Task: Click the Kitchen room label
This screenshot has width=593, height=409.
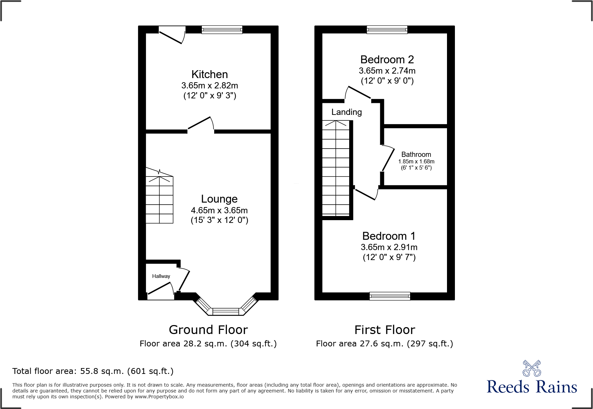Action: coord(209,74)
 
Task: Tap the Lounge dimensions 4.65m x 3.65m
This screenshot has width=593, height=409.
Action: coord(219,210)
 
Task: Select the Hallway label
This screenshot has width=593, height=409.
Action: coord(161,276)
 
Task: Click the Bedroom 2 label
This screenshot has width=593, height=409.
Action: coord(387,60)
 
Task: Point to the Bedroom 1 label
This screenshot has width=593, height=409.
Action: coord(389,236)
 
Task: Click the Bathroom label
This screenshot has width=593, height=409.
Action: coord(416,154)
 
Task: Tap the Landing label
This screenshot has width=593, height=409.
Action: coord(346,112)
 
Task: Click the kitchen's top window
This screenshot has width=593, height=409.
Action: coord(222,30)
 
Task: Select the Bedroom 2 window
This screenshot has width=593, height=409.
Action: coord(387,30)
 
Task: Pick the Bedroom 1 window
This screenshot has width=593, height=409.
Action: coord(390,296)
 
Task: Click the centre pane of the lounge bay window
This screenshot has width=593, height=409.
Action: coord(226,312)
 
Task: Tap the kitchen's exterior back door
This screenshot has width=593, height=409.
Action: coord(171,35)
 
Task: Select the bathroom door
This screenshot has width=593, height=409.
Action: coord(388,158)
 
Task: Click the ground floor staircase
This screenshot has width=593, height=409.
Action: coord(159,200)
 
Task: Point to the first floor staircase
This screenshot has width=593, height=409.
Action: coord(336,169)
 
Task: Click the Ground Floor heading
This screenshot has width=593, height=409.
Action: coord(208,330)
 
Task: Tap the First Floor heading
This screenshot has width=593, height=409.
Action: coord(385,330)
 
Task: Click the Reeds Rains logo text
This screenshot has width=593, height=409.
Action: coord(532,387)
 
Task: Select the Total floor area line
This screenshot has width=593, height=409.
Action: coord(93,371)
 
